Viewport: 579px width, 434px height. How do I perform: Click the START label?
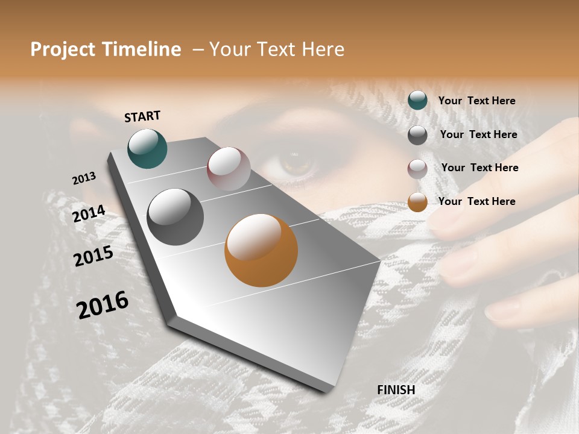142,116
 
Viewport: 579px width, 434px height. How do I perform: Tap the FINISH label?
396,390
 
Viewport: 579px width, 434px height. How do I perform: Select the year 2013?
84,178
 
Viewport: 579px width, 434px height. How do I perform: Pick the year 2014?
89,213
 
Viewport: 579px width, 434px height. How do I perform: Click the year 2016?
103,305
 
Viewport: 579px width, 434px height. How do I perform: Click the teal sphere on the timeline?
147,148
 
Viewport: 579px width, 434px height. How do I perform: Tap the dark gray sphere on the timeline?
175,217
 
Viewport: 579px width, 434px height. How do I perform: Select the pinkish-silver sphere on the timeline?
229,168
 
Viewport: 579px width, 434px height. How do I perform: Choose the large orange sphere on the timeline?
261,250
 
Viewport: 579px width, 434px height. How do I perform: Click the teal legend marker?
417,101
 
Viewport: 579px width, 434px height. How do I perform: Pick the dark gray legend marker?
417,134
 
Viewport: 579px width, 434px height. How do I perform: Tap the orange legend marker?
417,202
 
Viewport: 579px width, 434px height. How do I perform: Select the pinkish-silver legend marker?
417,168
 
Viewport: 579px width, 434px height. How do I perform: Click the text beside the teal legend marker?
476,101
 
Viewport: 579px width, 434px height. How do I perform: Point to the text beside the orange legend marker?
476,201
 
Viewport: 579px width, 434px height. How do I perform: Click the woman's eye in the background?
296,162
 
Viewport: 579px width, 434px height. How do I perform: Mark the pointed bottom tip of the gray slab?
326,391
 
